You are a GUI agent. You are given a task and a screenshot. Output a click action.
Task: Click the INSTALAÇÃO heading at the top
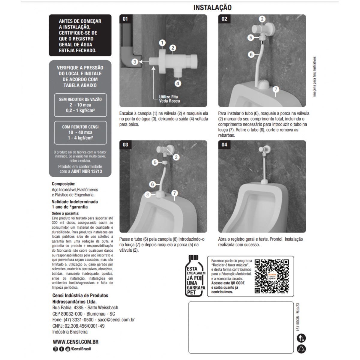[212, 7]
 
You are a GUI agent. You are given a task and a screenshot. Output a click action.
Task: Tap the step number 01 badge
[125, 19]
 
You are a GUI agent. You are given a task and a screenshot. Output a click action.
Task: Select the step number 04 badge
[224, 145]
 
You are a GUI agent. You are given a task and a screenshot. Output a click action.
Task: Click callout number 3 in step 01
[135, 62]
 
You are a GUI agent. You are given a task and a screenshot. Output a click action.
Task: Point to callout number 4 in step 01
[178, 83]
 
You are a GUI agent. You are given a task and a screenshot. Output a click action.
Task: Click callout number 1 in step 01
[162, 43]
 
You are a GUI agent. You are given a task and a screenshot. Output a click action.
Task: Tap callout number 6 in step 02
[251, 54]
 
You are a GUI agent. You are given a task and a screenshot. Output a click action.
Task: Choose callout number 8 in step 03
[148, 194]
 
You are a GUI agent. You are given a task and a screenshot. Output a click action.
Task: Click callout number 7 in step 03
[174, 193]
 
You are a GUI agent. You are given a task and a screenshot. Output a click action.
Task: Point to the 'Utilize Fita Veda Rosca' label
[169, 99]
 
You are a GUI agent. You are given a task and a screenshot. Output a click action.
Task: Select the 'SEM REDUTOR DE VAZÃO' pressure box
[80, 105]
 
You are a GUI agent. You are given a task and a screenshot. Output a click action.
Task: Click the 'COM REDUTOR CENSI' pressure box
[80, 133]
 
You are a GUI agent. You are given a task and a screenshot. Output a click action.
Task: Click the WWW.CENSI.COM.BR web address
[76, 342]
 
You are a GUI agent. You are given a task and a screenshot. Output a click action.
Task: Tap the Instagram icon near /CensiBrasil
[55, 349]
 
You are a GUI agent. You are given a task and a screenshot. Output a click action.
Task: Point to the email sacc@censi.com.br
[116, 319]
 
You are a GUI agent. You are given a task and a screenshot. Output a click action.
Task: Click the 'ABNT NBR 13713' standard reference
[86, 171]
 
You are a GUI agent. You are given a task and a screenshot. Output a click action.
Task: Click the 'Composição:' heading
[64, 184]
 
